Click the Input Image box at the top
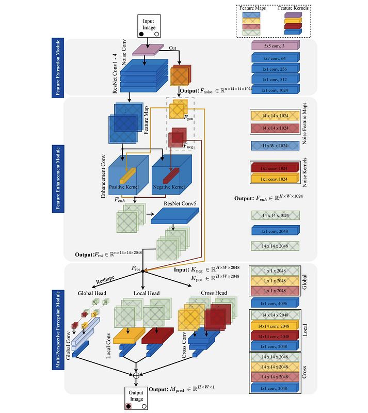point(149,26)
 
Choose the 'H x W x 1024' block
point(275,146)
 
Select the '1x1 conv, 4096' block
point(275,303)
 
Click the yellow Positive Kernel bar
point(127,176)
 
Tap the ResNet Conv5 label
point(181,204)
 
